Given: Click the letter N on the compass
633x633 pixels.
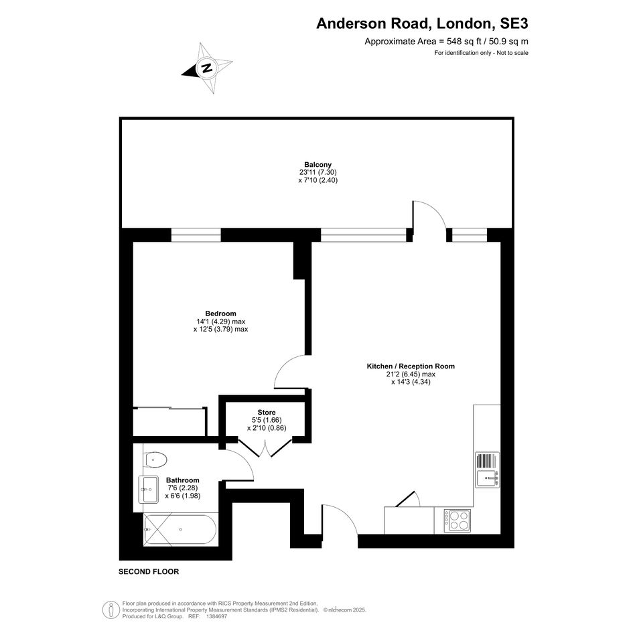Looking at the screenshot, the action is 207,68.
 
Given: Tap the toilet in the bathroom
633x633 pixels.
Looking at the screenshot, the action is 155,460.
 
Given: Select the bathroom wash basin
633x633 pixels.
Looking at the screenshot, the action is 149,489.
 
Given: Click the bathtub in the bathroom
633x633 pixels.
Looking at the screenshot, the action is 180,530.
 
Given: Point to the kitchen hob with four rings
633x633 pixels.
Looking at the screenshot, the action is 458,520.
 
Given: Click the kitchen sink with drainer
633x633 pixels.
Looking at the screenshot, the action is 487,470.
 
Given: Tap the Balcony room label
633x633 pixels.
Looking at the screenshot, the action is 318,165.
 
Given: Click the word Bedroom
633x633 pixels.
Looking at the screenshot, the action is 220,313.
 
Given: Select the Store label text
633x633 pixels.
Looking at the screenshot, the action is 267,413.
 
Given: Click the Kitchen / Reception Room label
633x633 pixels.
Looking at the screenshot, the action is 411,366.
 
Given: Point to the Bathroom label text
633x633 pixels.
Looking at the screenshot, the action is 182,480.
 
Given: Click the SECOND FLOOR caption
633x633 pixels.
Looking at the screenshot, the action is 149,571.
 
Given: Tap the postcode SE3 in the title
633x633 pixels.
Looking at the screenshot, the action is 514,23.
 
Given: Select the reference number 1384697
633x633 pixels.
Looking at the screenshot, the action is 217,616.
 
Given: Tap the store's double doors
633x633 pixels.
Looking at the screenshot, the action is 265,447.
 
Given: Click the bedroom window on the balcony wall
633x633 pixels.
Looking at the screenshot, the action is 196,235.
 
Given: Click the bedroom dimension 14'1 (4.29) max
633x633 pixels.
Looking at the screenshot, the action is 221,322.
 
